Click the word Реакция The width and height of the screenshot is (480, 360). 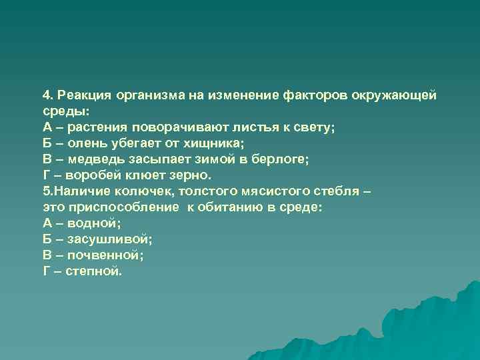coord(86,95)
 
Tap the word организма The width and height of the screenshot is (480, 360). coord(151,95)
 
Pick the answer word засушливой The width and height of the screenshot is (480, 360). coord(109,239)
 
